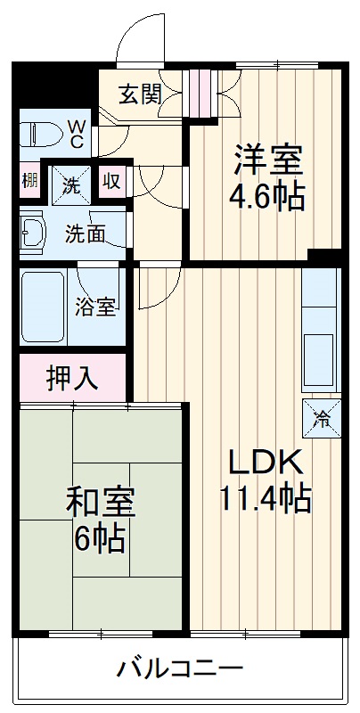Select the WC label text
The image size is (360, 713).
(x=78, y=134)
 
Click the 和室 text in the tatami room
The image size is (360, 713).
(x=100, y=502)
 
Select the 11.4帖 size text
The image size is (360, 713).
(x=265, y=496)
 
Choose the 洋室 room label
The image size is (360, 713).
(x=268, y=160)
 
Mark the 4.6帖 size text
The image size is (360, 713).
(x=268, y=195)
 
